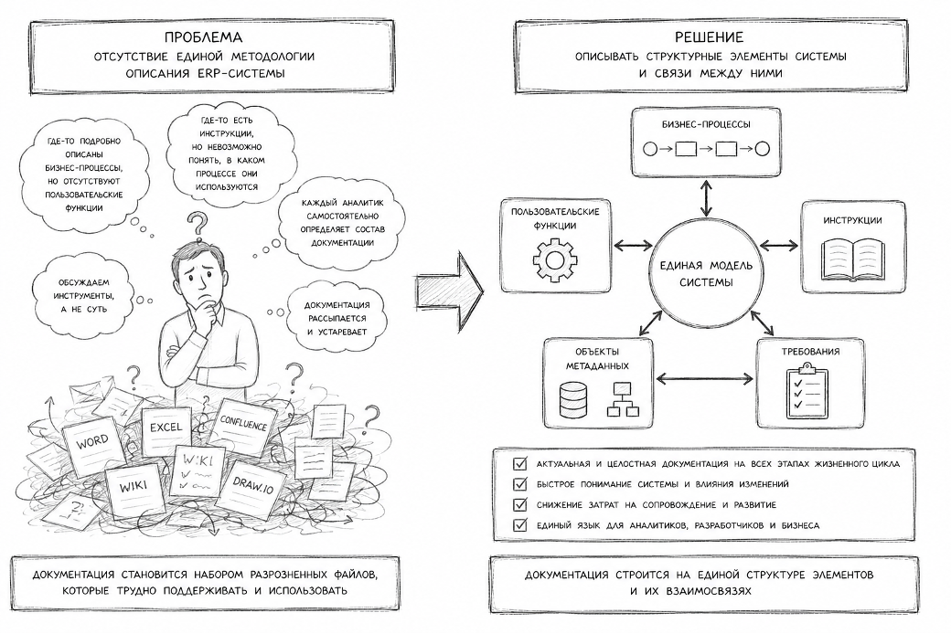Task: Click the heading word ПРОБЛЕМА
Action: coord(203,37)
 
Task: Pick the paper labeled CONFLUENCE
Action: coord(243,424)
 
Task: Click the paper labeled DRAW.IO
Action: coord(252,484)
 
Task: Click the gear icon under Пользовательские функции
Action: coord(555,260)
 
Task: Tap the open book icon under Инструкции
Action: coord(852,259)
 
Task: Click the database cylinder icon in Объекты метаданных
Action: coord(572,399)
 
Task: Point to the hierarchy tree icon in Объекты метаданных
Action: coord(623,399)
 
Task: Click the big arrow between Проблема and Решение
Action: coord(449,291)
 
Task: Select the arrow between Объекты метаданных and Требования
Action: coord(705,379)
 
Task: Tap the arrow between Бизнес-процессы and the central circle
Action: coord(705,197)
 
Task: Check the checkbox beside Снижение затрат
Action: coord(519,504)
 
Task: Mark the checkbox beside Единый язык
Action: coord(519,525)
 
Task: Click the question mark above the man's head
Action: coord(198,224)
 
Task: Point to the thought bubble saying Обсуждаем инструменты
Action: coord(84,295)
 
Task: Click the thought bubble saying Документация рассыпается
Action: coord(337,318)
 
